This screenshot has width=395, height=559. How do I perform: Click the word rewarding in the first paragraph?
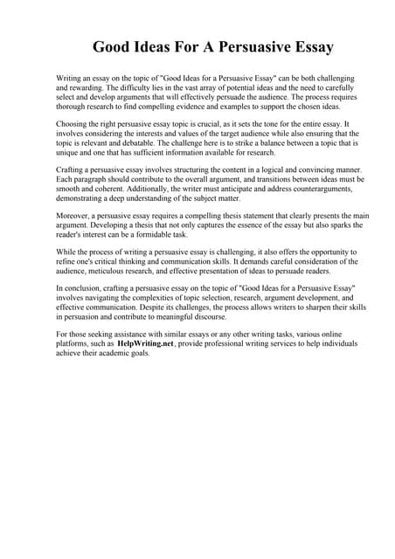point(87,89)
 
